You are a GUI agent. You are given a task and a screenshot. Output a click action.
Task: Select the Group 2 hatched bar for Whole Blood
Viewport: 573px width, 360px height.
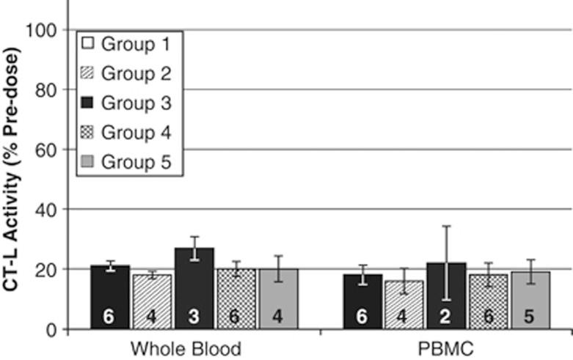153,301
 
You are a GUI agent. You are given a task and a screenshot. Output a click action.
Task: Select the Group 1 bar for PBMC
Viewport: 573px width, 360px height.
362,301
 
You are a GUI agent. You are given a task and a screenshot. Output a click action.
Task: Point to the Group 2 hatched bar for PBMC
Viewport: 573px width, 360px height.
404,304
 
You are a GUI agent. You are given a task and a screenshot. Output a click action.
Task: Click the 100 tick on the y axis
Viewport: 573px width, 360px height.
41,29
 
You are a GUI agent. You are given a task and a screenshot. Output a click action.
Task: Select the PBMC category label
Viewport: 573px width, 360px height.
446,348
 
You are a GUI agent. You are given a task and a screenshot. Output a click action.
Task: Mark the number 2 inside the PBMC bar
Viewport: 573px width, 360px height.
446,317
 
